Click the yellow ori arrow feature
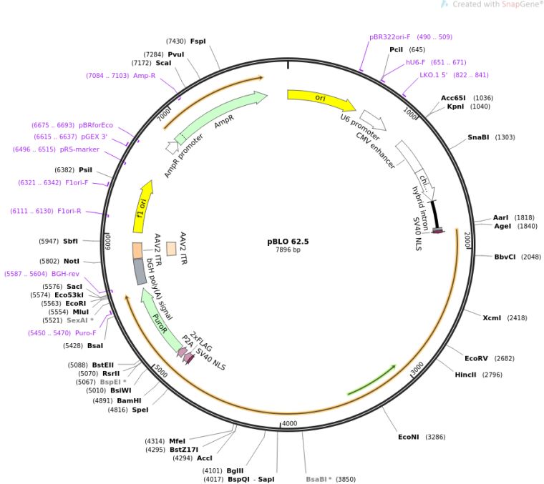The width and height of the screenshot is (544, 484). (319, 99)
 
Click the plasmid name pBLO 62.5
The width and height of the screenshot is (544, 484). (288, 241)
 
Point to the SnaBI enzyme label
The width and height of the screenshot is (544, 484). (480, 137)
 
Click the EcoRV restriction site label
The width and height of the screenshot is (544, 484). (479, 358)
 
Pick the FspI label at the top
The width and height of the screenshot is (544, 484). (198, 41)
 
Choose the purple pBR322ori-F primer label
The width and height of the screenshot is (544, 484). (389, 36)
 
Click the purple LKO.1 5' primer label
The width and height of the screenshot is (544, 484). (433, 74)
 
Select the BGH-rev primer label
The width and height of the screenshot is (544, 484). (64, 273)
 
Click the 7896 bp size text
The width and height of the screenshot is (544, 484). (288, 250)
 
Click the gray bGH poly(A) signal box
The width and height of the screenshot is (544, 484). (140, 272)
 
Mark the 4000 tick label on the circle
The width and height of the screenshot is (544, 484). (289, 424)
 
